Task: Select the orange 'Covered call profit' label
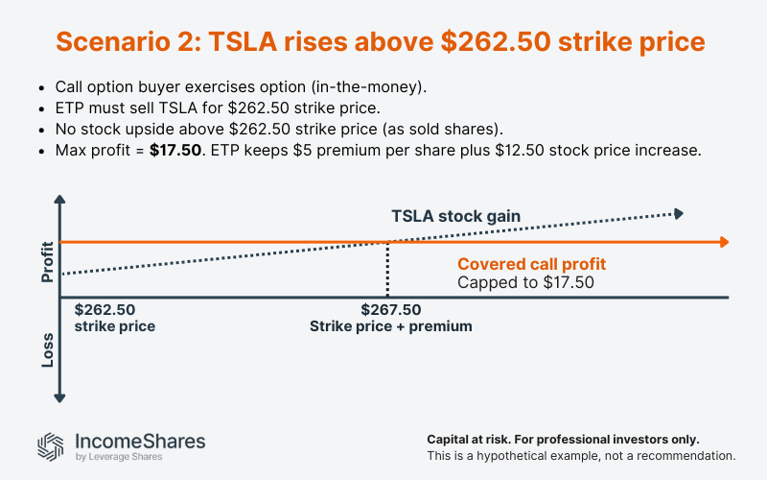[531, 264]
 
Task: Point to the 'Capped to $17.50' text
[525, 282]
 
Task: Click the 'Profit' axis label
[46, 261]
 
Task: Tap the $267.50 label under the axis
[390, 310]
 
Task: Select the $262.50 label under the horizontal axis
[105, 310]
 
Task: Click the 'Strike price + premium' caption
[390, 326]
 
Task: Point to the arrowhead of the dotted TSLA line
[679, 212]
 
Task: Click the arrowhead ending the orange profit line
[726, 241]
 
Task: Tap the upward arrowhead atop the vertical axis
[59, 202]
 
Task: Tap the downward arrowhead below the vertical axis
[59, 395]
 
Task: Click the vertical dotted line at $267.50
[387, 269]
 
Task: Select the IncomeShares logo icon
[51, 445]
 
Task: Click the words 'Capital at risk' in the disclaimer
[466, 439]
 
